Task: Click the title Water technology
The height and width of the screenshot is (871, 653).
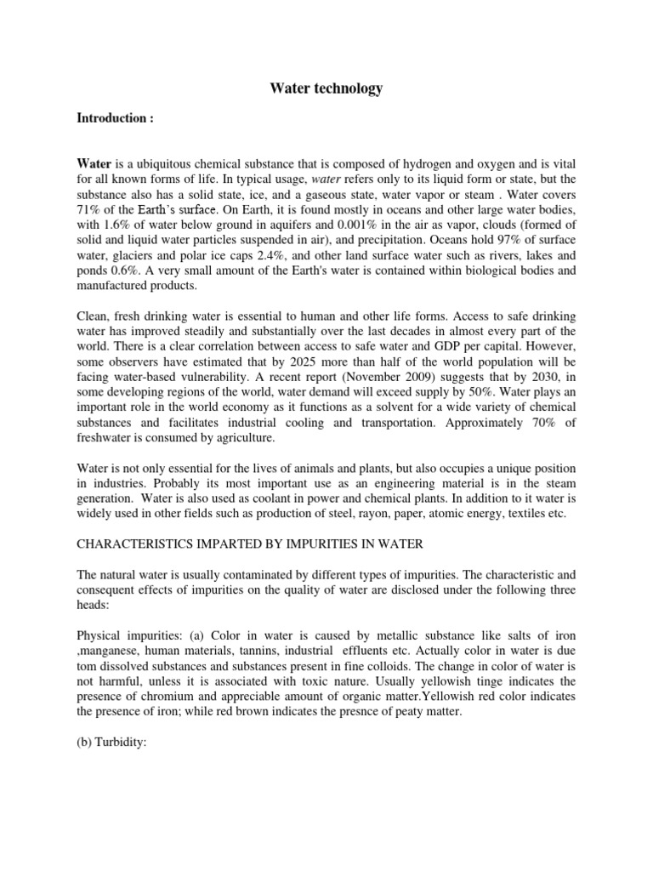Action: coord(326,88)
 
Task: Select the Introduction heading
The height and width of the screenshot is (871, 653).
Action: coord(115,118)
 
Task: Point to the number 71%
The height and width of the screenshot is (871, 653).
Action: coord(90,210)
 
